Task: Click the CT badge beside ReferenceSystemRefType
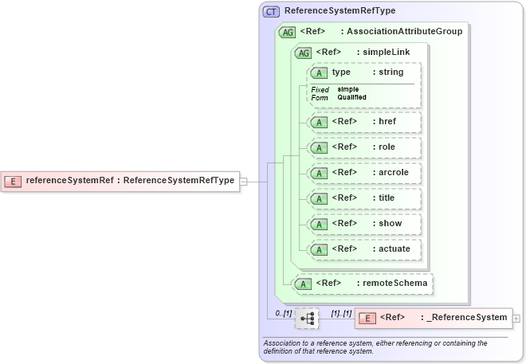[271, 11]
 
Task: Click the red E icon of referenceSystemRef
[13, 180]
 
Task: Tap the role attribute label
[387, 147]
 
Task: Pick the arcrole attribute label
[394, 173]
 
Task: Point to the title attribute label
[387, 198]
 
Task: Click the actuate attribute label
[394, 249]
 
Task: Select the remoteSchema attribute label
[394, 283]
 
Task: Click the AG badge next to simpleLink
[303, 53]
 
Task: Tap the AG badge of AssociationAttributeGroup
[286, 32]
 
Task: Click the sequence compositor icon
[307, 319]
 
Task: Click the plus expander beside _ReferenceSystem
[517, 319]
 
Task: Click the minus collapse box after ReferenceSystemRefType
[244, 181]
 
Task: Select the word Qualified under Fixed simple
[351, 97]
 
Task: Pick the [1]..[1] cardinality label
[340, 313]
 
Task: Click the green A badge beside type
[320, 72]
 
